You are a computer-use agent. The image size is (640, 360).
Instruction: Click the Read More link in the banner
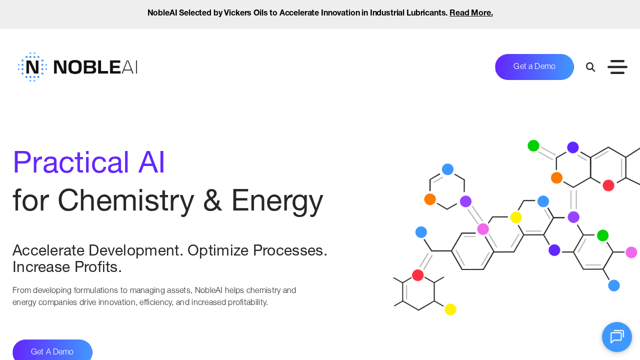[x=471, y=13]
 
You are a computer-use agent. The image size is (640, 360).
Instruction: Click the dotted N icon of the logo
[x=32, y=67]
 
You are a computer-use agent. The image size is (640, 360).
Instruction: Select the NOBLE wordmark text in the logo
[x=87, y=67]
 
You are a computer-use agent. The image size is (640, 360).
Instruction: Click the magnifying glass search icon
[x=590, y=67]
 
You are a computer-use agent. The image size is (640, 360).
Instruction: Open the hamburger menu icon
[x=617, y=67]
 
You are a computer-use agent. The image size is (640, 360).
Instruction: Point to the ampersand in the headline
[x=213, y=200]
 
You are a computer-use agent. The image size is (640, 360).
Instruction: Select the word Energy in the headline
[x=277, y=200]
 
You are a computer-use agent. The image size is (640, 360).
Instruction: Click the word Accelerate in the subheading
[x=47, y=250]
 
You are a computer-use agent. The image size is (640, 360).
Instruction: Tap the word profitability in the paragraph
[x=242, y=302]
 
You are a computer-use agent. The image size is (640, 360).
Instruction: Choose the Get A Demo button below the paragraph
[x=52, y=351]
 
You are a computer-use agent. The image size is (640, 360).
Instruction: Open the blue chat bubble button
[x=617, y=337]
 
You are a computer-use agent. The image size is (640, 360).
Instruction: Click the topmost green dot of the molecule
[x=533, y=145]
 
